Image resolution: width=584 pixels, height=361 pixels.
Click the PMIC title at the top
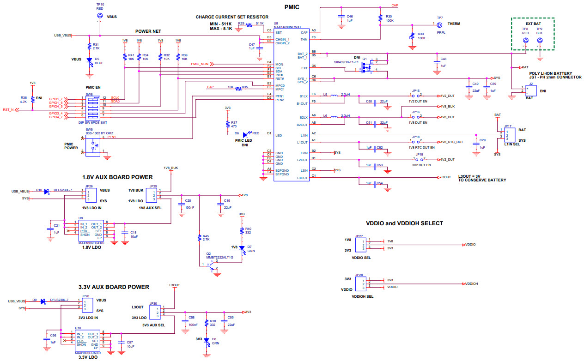point(292,7)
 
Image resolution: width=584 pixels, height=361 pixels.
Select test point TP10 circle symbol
point(100,16)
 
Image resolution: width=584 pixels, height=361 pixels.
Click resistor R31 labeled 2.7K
point(89,46)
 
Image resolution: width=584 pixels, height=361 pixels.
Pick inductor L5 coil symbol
point(335,96)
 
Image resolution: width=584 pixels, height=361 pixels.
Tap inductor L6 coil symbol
point(335,117)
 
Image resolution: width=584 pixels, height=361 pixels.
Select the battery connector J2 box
point(531,90)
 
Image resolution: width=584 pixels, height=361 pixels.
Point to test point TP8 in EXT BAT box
point(525,41)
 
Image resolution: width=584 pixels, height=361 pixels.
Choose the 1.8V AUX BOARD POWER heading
point(117,177)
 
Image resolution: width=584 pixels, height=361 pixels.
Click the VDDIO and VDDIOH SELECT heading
point(404,223)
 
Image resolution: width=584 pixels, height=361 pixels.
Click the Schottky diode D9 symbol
point(43,301)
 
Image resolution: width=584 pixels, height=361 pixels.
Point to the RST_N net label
point(8,110)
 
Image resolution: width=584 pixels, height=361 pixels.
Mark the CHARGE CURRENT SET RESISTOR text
point(231,17)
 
